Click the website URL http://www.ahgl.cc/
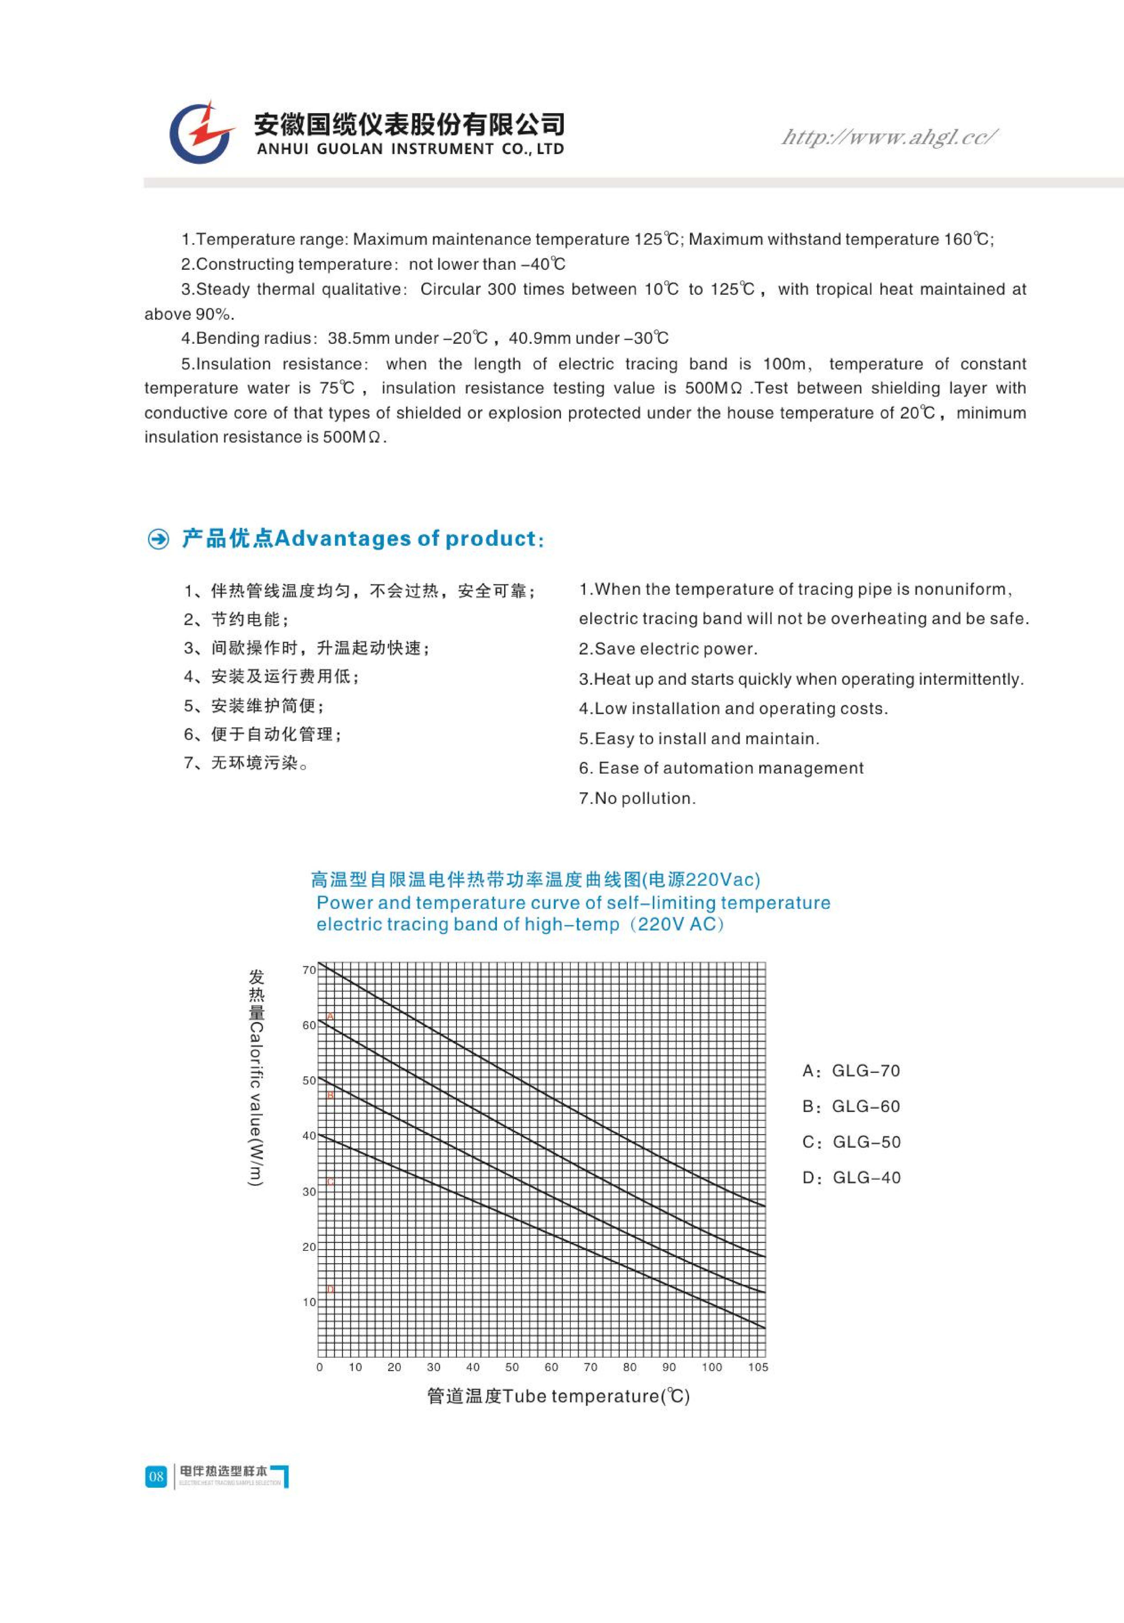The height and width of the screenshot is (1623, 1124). pos(889,137)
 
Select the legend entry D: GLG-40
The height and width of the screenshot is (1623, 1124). pos(851,1178)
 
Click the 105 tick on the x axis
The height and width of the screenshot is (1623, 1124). pos(758,1367)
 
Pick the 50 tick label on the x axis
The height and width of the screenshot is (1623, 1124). pos(512,1367)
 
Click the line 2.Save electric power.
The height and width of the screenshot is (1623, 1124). pos(668,649)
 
